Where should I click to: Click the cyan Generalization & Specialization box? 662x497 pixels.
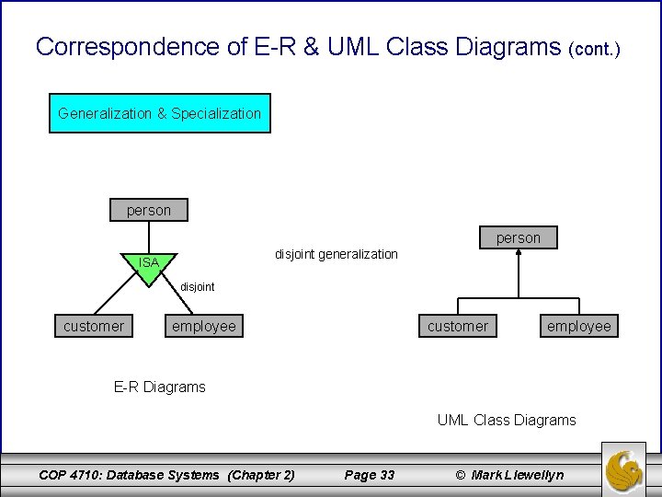[x=159, y=113]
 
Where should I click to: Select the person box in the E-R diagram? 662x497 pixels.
[x=148, y=210]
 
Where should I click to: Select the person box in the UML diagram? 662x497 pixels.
[x=519, y=237]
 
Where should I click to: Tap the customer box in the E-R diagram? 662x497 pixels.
[x=94, y=326]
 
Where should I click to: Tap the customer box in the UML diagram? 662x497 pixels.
[x=458, y=326]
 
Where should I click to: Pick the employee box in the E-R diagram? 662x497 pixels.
[x=203, y=326]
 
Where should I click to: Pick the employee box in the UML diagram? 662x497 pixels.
[x=578, y=326]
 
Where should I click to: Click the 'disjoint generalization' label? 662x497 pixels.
[x=336, y=253]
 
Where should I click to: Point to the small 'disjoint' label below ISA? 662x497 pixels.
[x=197, y=286]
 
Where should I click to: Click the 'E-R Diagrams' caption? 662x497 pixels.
[x=159, y=387]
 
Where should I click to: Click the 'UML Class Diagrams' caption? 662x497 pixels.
[x=507, y=420]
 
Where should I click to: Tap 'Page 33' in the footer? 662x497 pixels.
[x=369, y=475]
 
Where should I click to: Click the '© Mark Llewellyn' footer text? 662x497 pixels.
[x=509, y=475]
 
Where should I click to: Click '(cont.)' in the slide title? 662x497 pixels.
[x=595, y=48]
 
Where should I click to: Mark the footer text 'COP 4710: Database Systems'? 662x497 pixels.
[x=129, y=475]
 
